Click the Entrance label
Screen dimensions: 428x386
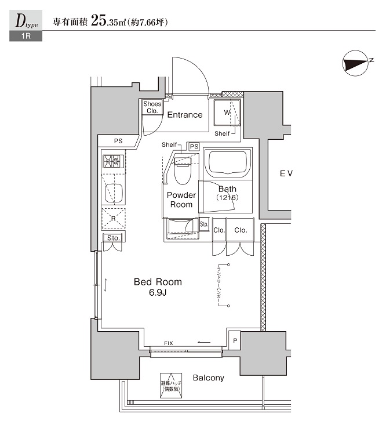point(185,115)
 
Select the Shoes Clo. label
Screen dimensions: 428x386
point(152,107)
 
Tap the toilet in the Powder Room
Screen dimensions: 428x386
point(182,169)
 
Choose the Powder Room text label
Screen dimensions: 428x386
point(181,200)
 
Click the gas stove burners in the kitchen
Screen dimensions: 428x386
point(113,161)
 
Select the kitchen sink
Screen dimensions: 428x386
point(113,191)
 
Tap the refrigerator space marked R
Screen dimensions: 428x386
point(113,219)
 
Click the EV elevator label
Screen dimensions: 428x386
point(286,173)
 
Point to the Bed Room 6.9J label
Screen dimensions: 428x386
point(158,287)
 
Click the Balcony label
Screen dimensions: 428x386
point(208,378)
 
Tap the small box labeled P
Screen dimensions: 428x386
point(235,340)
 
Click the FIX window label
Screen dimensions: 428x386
point(169,343)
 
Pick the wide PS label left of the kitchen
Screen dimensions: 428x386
point(118,141)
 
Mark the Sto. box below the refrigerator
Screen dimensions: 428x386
point(113,238)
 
